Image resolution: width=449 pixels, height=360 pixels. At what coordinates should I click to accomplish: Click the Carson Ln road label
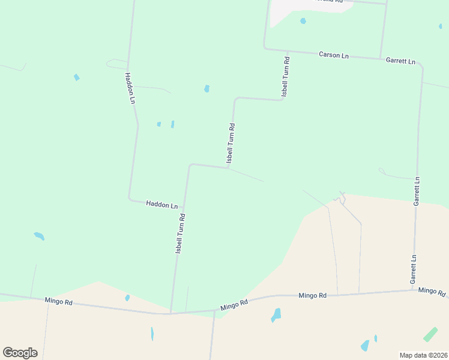(x=333, y=55)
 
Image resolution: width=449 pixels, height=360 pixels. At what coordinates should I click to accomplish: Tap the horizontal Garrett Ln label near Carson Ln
(x=401, y=61)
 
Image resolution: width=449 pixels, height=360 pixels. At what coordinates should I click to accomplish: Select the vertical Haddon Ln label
(x=129, y=89)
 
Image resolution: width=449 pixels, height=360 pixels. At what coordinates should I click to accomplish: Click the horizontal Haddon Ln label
(x=162, y=205)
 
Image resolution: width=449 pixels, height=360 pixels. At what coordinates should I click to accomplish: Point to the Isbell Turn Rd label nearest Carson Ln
(x=286, y=76)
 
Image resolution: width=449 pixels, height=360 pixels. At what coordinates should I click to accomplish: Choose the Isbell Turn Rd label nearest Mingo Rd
(x=179, y=233)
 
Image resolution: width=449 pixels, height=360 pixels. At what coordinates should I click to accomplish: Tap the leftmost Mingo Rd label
(x=59, y=301)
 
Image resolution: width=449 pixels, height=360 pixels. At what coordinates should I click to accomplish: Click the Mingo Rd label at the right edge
(x=432, y=291)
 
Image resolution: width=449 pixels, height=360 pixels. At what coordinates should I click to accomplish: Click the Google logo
(x=20, y=353)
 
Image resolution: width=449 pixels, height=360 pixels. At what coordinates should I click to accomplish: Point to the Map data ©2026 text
(x=423, y=355)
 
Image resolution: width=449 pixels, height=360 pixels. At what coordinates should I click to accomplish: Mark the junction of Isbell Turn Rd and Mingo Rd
(x=170, y=313)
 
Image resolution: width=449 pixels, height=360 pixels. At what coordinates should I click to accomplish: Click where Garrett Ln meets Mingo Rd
(x=412, y=290)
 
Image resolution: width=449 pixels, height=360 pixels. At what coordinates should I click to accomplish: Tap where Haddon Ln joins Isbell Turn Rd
(x=183, y=207)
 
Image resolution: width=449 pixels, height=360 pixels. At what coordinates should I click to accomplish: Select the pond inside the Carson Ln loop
(x=303, y=21)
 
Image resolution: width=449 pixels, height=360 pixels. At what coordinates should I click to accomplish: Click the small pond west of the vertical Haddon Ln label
(x=76, y=77)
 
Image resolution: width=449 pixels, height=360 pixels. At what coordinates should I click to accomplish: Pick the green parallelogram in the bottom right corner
(x=430, y=334)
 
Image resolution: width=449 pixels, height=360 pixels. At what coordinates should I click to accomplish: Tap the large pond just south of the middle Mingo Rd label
(x=276, y=314)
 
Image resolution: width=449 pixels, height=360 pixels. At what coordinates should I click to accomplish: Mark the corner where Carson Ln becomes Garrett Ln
(x=381, y=59)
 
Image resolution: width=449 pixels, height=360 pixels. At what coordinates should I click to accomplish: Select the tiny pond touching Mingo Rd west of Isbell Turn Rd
(x=127, y=298)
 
